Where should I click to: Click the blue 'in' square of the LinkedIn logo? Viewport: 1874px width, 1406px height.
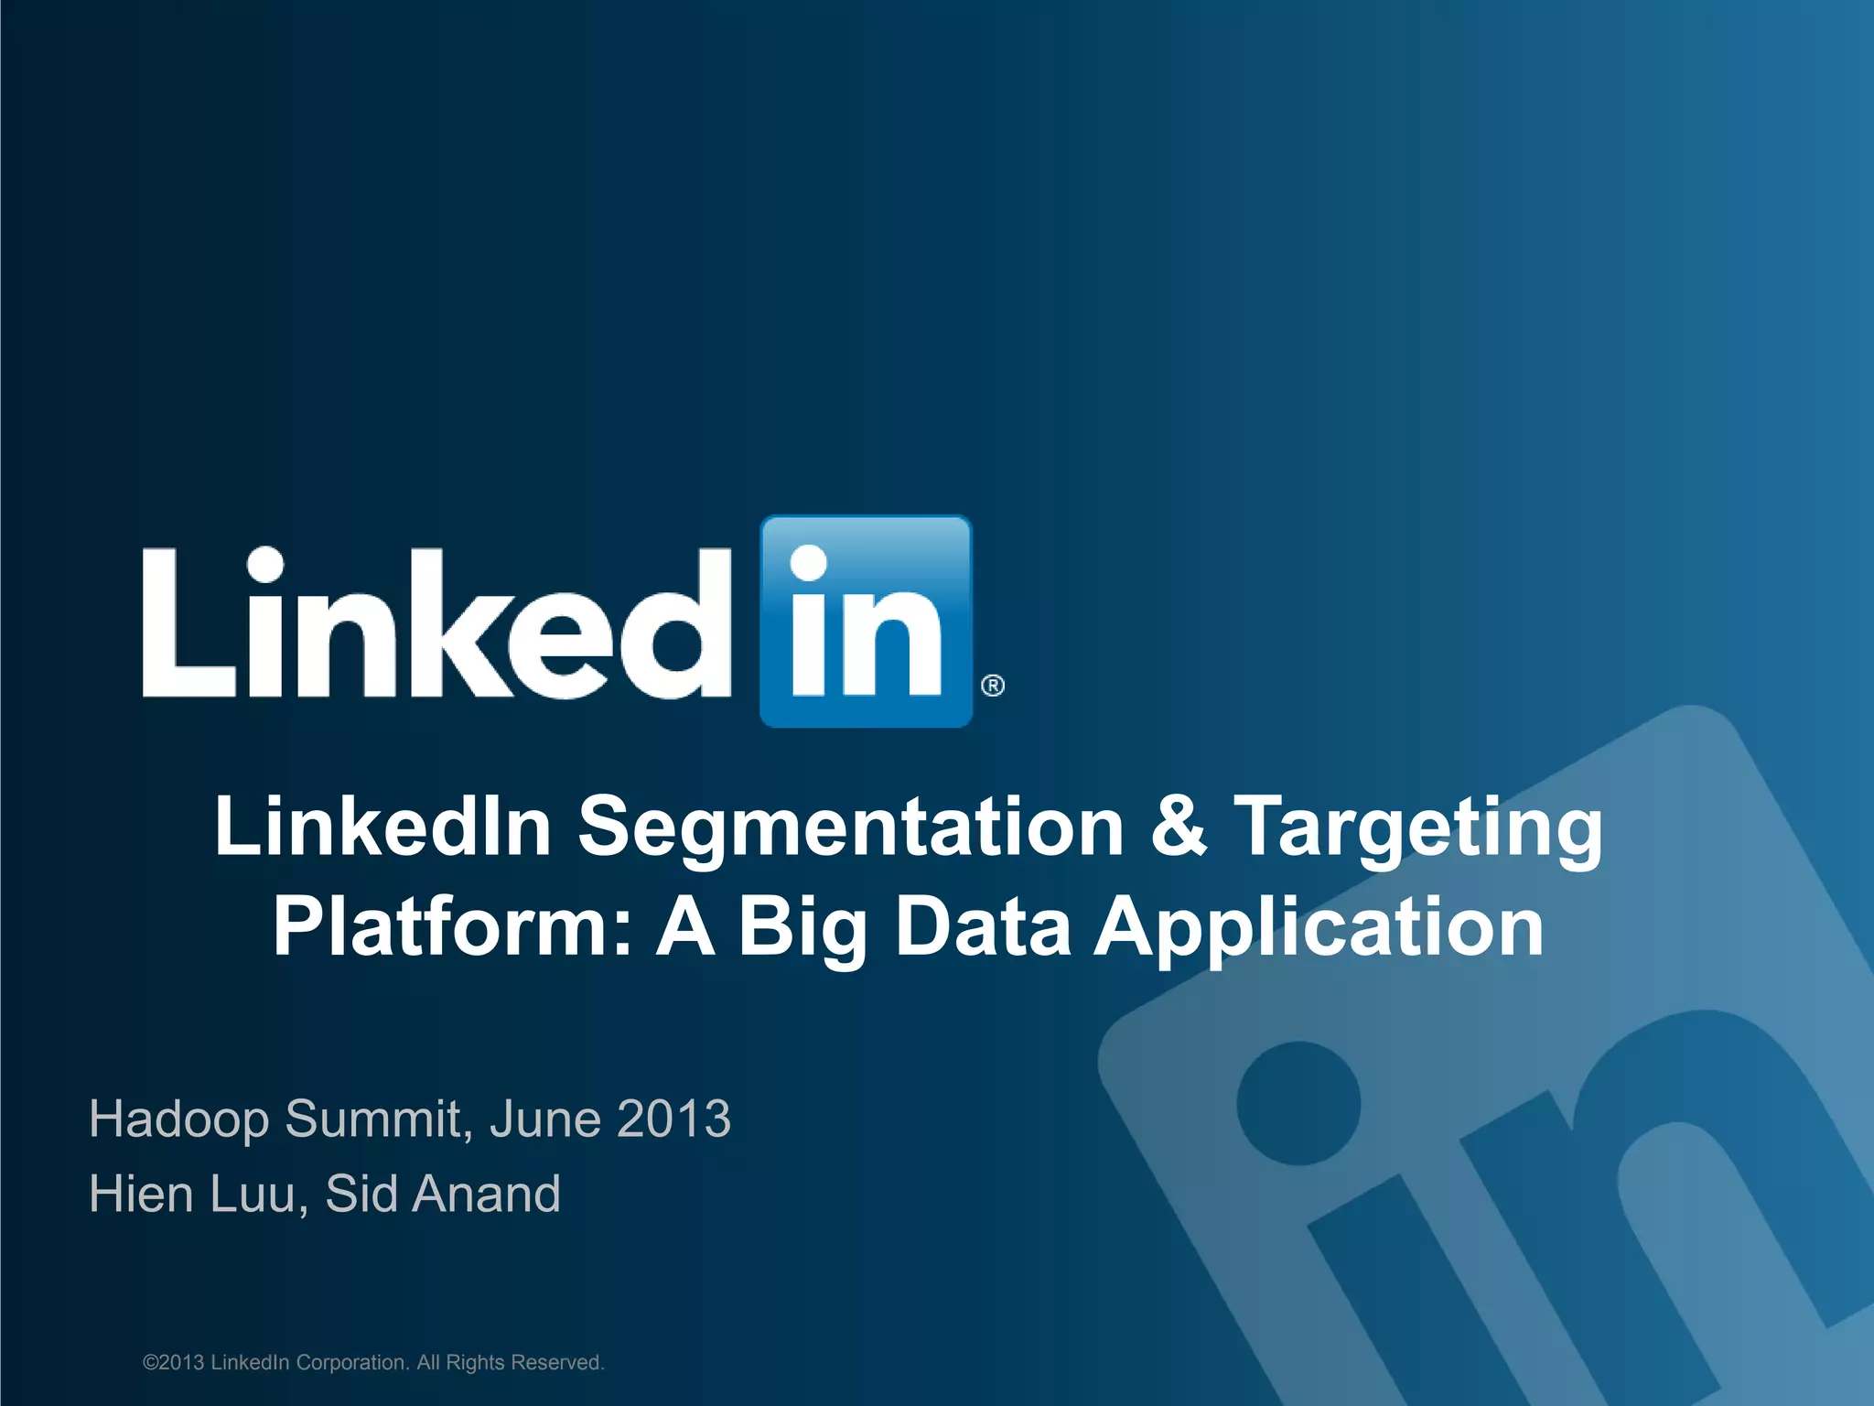pos(866,621)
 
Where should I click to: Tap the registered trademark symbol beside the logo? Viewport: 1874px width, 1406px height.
pos(993,686)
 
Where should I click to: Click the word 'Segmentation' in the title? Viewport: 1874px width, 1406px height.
pos(850,827)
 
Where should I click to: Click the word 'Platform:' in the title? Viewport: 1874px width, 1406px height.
pos(452,926)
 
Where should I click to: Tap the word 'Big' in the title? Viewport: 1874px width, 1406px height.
pos(802,928)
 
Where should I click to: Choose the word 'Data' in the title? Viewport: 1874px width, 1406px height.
pos(983,926)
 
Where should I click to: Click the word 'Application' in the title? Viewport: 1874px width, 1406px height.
pos(1319,928)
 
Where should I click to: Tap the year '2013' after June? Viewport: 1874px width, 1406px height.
pos(673,1119)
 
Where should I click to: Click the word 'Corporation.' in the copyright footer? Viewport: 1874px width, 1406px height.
pos(352,1363)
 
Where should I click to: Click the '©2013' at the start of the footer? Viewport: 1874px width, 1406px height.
pos(174,1363)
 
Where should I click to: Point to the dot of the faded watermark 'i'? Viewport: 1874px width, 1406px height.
pos(1298,1102)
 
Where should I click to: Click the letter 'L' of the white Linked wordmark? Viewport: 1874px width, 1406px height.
pos(188,623)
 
